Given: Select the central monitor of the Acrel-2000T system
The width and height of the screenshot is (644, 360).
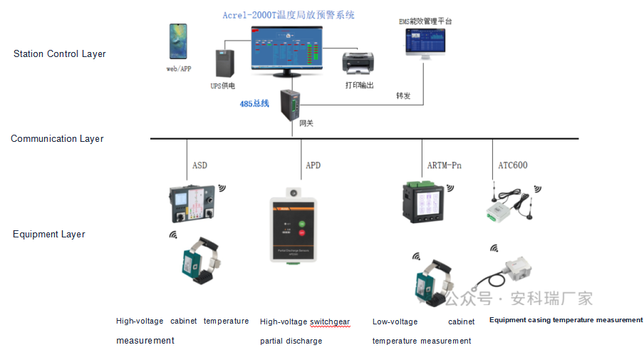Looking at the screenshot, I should (x=286, y=48).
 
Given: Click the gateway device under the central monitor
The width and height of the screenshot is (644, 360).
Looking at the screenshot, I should (x=293, y=104).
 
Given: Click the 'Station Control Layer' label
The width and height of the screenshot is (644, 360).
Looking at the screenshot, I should (x=60, y=54).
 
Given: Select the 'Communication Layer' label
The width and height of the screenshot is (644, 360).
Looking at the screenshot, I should (x=57, y=139).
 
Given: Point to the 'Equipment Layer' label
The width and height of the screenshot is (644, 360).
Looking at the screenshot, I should (x=49, y=235).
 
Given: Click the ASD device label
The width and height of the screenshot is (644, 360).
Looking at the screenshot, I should (x=199, y=165).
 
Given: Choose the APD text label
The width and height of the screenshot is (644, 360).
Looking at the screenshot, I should (x=313, y=165).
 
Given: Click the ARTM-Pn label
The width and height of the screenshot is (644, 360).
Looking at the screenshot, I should (x=444, y=165).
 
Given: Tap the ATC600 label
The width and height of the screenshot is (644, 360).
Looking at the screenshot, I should (x=512, y=165).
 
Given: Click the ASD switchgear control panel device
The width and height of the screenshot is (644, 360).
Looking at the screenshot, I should (x=192, y=204).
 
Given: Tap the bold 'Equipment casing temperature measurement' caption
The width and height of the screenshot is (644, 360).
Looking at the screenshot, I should (x=566, y=320).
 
